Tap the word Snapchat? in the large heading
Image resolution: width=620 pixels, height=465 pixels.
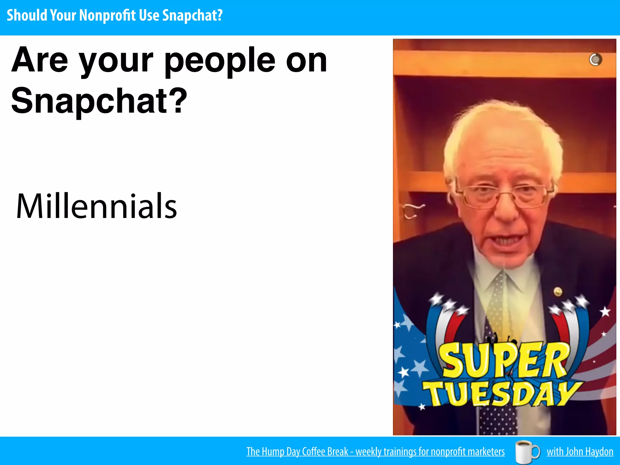click(99, 101)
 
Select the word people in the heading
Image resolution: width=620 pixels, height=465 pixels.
click(220, 61)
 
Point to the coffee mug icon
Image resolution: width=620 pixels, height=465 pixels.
click(527, 451)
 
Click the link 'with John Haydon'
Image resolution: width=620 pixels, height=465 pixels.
click(580, 451)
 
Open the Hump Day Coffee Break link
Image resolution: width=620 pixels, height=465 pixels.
click(375, 451)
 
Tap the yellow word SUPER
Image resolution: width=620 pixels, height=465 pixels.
click(504, 360)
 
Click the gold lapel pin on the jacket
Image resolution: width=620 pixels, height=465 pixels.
click(558, 292)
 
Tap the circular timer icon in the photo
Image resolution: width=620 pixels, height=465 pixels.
click(595, 59)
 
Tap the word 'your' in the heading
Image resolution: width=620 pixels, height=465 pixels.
click(116, 61)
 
